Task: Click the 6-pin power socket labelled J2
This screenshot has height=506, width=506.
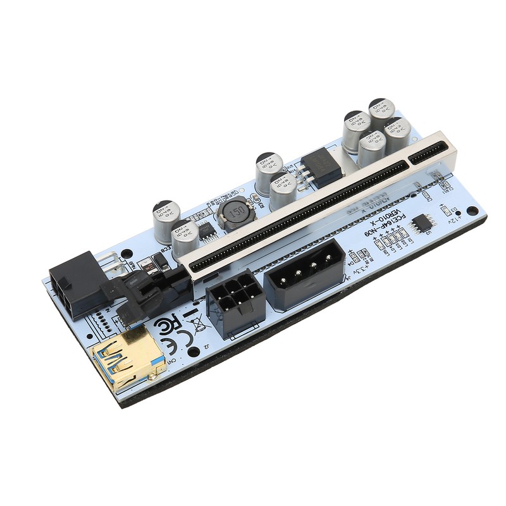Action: (x=234, y=303)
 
